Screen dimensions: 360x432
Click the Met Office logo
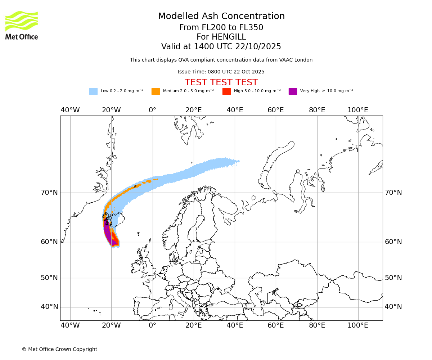click(x=22, y=25)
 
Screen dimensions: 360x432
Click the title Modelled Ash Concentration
click(x=221, y=17)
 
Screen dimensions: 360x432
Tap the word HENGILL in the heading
click(x=228, y=37)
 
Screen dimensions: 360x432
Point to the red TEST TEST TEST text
click(x=221, y=82)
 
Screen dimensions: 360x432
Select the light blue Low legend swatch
click(x=93, y=91)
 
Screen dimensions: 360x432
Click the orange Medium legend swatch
click(x=156, y=91)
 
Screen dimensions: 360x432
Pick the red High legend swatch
click(x=226, y=91)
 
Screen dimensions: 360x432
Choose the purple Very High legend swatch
click(x=293, y=91)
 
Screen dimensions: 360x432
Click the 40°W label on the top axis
click(x=70, y=110)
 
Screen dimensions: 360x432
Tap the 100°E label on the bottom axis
click(x=358, y=325)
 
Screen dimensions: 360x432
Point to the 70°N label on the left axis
click(x=49, y=193)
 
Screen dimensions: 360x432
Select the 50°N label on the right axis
click(x=393, y=278)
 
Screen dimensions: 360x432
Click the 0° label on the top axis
click(x=153, y=110)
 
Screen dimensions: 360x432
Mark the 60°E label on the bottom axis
click(x=276, y=325)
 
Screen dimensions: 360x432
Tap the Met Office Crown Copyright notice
click(x=59, y=349)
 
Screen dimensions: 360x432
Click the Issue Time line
click(x=221, y=72)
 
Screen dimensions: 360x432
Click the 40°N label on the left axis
click(x=49, y=307)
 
